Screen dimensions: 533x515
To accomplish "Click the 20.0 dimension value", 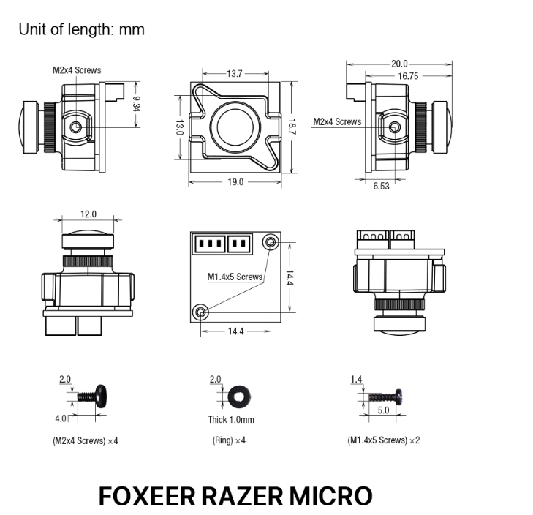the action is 399,64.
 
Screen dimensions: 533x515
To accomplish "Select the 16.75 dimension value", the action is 408,76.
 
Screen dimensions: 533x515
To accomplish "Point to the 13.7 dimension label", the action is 235,73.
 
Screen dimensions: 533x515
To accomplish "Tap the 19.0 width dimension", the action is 235,182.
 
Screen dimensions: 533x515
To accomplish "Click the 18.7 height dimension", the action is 292,127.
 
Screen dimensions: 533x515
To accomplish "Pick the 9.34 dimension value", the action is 136,104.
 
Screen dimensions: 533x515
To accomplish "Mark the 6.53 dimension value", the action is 381,186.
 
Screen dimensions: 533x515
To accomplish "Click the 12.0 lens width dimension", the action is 88,214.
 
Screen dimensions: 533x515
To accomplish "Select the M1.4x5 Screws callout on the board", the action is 235,277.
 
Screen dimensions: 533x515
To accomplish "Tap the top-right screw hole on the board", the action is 271,242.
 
